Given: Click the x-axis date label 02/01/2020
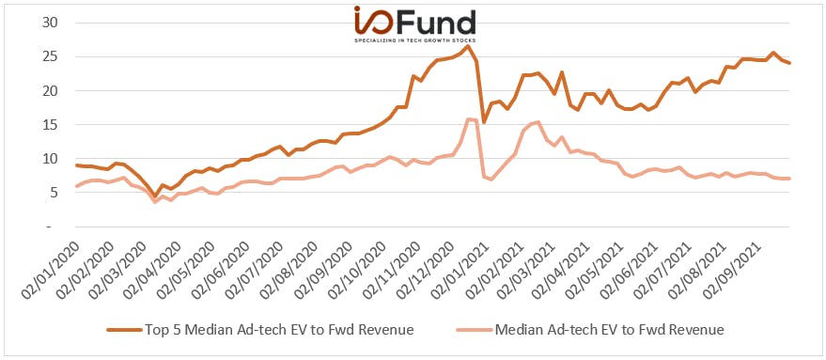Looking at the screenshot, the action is pos(51,270).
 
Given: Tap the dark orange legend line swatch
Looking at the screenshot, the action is pos(125,331).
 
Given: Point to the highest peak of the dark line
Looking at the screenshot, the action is pos(467,46).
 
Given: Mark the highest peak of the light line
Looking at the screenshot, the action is pos(468,119).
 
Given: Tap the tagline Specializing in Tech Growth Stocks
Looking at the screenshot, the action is pos(414,40).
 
